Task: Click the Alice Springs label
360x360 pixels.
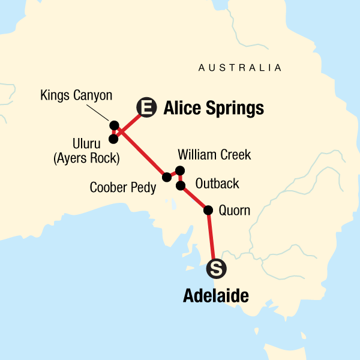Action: [x=213, y=109]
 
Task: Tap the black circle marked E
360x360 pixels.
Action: [x=146, y=108]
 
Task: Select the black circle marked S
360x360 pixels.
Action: [x=216, y=269]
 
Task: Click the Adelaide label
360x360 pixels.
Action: [x=215, y=296]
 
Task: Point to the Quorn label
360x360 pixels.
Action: [x=235, y=211]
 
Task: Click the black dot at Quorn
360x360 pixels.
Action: [x=209, y=210]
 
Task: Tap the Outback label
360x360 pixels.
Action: [x=213, y=184]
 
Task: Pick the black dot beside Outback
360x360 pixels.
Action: [x=181, y=185]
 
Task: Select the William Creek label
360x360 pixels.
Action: [x=214, y=155]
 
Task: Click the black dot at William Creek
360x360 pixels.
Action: [x=180, y=170]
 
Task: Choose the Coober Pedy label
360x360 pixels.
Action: [x=123, y=188]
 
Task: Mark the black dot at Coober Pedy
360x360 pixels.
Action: [x=167, y=177]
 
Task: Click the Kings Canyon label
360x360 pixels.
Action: [x=76, y=95]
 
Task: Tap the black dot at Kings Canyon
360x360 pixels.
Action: [x=114, y=125]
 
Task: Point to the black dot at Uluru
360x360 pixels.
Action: [x=113, y=139]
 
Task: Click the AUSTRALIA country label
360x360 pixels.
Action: [x=240, y=68]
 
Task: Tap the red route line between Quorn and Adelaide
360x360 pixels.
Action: [x=212, y=238]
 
